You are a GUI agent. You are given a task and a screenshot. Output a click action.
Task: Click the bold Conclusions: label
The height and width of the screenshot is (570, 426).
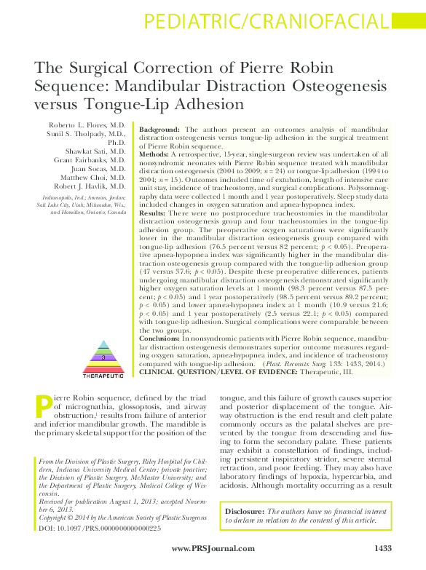pyautogui.click(x=162, y=339)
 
